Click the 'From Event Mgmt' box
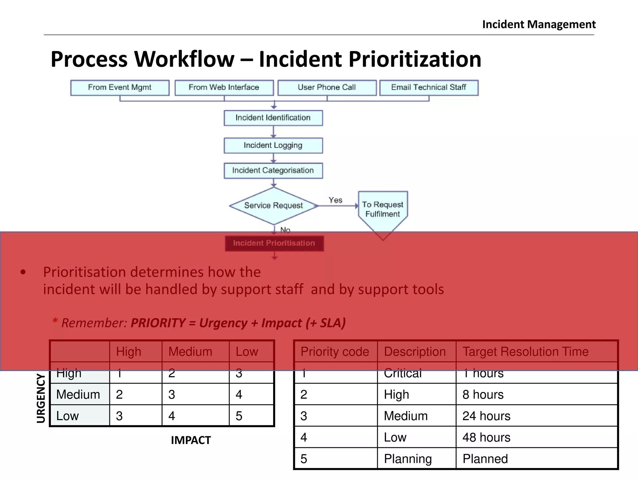(120, 88)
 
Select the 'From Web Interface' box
(224, 88)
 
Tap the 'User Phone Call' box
(327, 88)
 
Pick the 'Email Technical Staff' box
(429, 88)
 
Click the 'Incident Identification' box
(273, 118)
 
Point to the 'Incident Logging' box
(273, 146)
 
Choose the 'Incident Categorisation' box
(273, 171)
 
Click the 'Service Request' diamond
(274, 206)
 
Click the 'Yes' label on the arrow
(335, 200)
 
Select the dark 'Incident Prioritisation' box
(274, 243)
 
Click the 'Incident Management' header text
(539, 24)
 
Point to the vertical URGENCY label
(41, 398)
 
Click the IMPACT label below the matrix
(191, 440)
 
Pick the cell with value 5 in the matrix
(239, 416)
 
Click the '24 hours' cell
(486, 416)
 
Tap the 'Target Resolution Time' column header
(526, 352)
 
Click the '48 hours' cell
(486, 438)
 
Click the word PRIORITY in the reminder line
(158, 323)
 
